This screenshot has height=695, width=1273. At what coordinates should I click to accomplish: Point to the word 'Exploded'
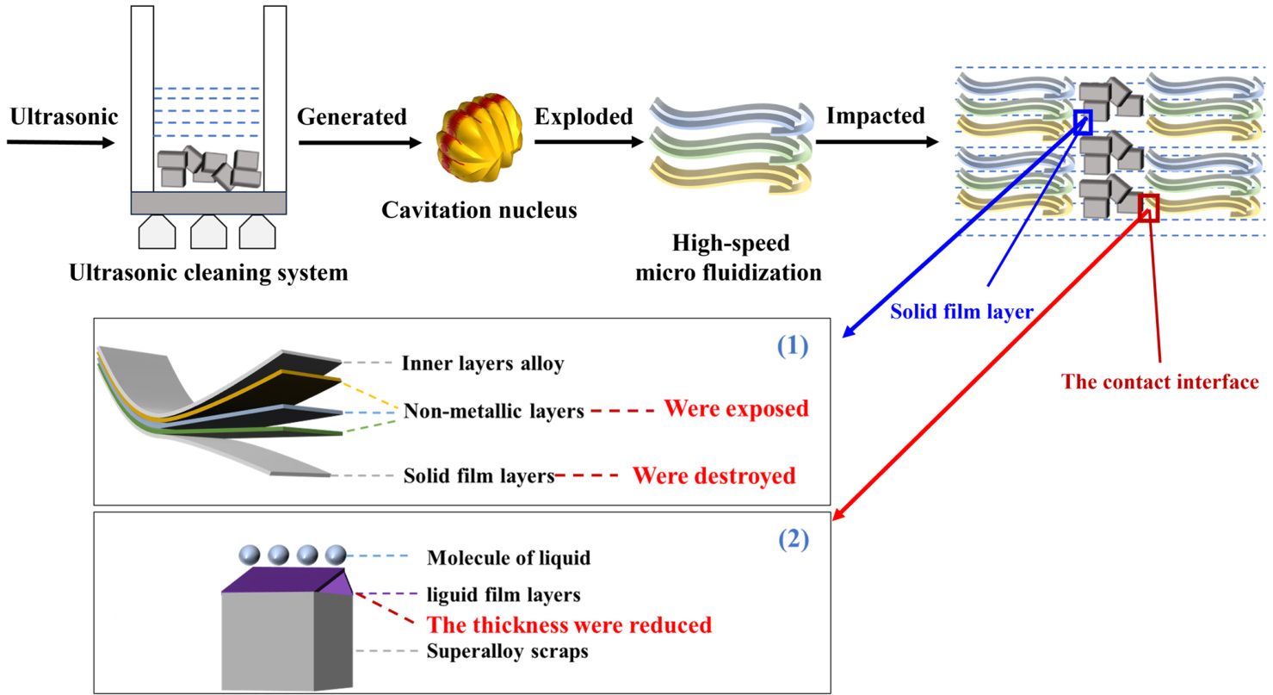[x=583, y=116]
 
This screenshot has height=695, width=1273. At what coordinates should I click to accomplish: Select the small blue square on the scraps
[x=1083, y=121]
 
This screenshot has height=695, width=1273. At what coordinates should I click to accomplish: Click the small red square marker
[x=1148, y=208]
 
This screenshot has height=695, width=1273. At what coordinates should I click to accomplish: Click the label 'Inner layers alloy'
[x=482, y=363]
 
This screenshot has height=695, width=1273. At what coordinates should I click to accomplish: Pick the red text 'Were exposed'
[x=736, y=409]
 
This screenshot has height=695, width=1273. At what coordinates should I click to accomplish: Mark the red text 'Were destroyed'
[x=714, y=475]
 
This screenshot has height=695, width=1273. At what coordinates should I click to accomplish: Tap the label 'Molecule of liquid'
[x=508, y=558]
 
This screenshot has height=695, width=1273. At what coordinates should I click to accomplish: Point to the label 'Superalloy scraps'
[x=507, y=651]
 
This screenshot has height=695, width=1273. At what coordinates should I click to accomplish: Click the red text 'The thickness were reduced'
[x=570, y=624]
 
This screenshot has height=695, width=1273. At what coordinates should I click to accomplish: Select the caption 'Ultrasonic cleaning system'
[x=210, y=274]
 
